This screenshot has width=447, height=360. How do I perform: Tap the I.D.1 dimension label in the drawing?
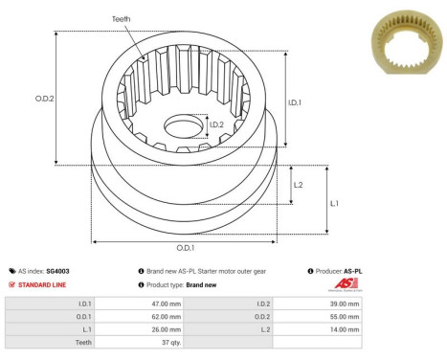[295, 102]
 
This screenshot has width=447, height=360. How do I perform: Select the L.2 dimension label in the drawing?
[299, 185]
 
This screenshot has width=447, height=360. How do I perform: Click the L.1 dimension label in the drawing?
[334, 204]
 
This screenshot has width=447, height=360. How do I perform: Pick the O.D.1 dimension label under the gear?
[198, 247]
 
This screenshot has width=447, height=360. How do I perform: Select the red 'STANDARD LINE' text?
[45, 284]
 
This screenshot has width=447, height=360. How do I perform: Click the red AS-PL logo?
[353, 284]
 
